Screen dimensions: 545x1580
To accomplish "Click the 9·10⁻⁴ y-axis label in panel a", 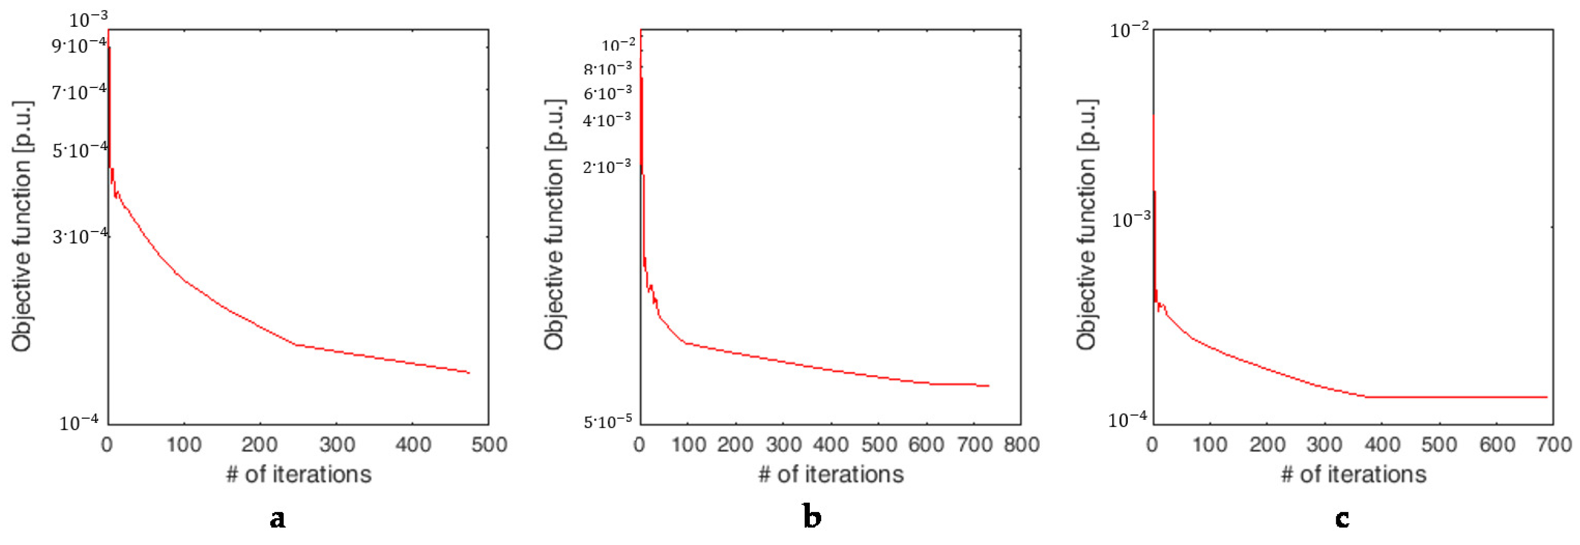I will pos(79,45).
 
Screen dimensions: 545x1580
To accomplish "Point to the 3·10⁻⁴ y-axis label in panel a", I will pos(80,236).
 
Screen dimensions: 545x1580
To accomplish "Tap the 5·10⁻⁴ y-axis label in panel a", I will pos(80,149).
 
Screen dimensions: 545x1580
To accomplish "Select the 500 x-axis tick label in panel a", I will pos(489,444).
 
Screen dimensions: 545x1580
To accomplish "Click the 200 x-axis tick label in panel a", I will pos(259,444).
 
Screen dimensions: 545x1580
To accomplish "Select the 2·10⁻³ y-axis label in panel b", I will pos(607,166).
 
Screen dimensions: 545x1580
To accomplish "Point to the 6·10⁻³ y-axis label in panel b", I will pos(607,93).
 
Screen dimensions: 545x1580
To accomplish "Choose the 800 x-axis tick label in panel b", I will pos(1021,444).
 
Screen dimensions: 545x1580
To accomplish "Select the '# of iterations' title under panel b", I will pos(831,474).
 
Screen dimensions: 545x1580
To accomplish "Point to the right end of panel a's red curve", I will pos(469,373).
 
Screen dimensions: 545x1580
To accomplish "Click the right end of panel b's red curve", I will pos(989,385).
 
